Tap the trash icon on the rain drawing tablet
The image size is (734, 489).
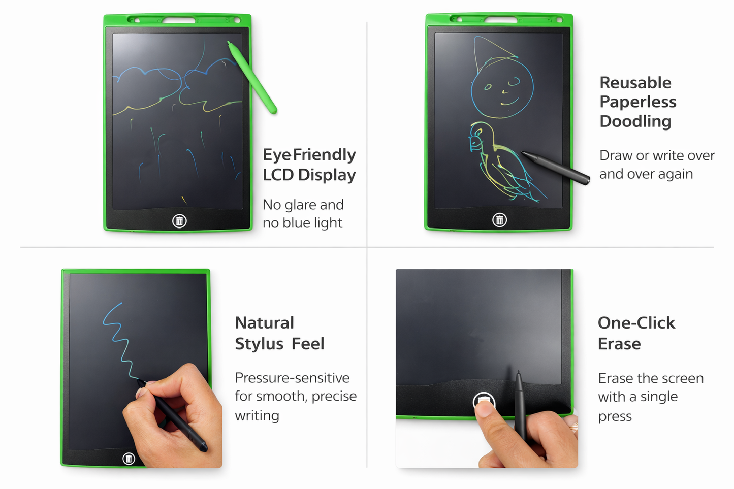click(x=179, y=221)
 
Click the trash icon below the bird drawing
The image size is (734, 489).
click(x=499, y=220)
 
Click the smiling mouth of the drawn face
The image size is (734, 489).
click(x=509, y=102)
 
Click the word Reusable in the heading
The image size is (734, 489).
click(x=635, y=83)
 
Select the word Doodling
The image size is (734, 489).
click(x=635, y=121)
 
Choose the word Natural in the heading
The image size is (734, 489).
click(x=264, y=323)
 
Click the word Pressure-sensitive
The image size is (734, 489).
click(x=292, y=378)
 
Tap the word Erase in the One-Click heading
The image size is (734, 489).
click(x=619, y=344)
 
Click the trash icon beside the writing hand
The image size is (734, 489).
click(x=129, y=459)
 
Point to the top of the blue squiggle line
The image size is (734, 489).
click(x=120, y=304)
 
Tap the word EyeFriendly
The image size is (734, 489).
click(x=309, y=155)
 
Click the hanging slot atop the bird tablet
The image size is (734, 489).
click(x=500, y=20)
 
